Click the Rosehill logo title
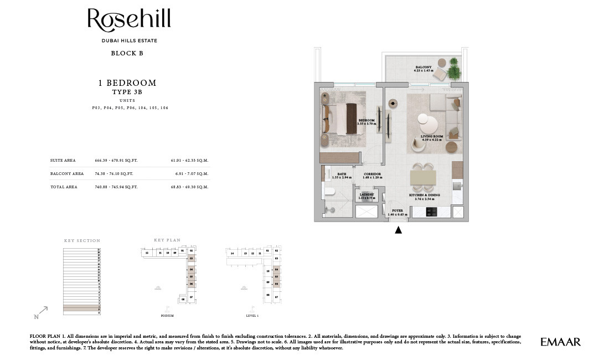pos(129,20)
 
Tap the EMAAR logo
pos(560,342)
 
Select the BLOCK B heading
pos(127,54)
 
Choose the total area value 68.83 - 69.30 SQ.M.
pos(189,187)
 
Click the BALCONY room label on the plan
pos(424,68)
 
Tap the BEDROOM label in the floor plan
pos(367,120)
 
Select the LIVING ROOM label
pos(432,136)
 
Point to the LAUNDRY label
pos(367,194)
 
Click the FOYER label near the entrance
pos(398,211)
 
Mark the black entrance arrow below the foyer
pos(398,230)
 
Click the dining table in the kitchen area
pos(423,178)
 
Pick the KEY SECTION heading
pos(82,241)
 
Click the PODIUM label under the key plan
pos(167,316)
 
